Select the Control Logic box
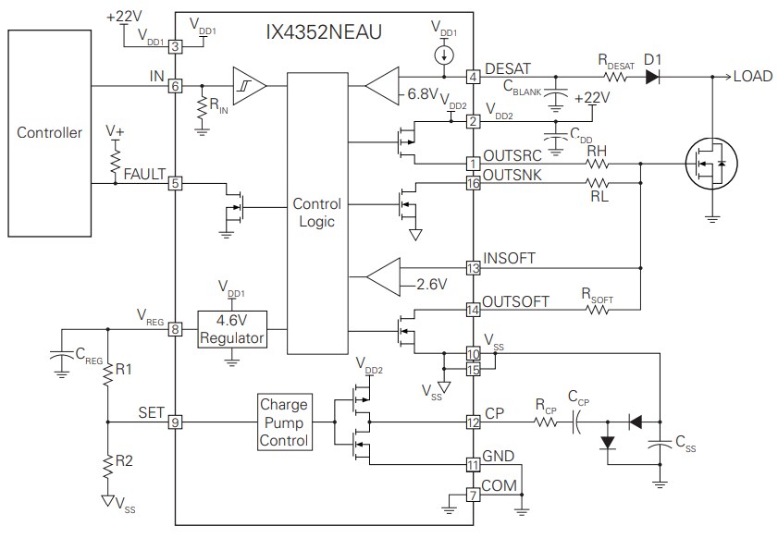[x=316, y=213]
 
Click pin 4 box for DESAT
[x=473, y=76]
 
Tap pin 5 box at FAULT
[x=174, y=183]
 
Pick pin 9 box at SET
[x=174, y=422]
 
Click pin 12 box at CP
[x=473, y=422]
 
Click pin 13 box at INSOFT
[x=473, y=268]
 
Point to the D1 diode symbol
[x=654, y=76]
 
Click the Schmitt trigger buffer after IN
[x=248, y=86]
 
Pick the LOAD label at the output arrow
[x=751, y=76]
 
